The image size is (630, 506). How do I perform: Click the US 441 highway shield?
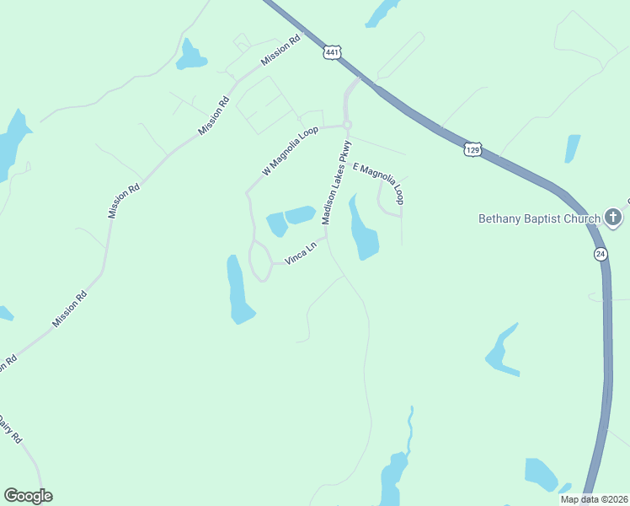tap(332, 52)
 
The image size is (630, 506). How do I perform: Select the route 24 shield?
tap(599, 254)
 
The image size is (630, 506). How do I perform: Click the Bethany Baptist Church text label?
tap(539, 218)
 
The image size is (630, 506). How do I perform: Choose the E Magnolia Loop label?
tap(379, 184)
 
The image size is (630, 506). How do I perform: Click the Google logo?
tap(28, 496)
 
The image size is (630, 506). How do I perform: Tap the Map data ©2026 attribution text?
tap(594, 499)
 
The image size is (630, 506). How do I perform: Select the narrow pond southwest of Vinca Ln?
tap(238, 291)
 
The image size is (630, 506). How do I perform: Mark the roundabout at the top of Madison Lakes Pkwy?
tap(346, 125)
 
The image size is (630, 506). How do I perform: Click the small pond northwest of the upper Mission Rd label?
tap(190, 57)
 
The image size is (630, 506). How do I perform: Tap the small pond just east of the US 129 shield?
tap(573, 148)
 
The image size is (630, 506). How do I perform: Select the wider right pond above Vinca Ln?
tap(300, 215)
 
